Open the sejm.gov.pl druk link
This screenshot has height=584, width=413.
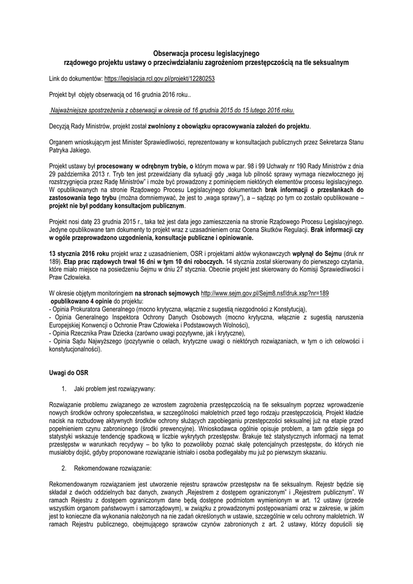(265, 293)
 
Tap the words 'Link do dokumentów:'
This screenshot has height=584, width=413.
(76, 76)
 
